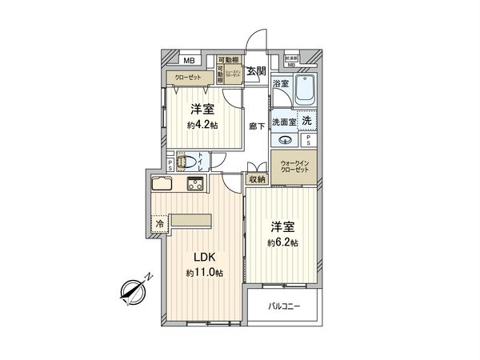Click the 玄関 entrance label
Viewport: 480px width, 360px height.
(x=257, y=72)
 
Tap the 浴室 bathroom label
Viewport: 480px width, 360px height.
(x=280, y=84)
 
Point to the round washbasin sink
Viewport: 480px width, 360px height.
(x=284, y=140)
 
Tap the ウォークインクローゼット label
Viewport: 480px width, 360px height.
(x=295, y=169)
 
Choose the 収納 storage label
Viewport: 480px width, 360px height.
(x=256, y=180)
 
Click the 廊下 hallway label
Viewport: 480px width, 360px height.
(x=256, y=126)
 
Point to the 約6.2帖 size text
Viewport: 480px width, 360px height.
(x=283, y=242)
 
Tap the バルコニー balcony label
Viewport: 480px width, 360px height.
(x=284, y=305)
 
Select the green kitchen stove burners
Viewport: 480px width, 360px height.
(x=194, y=186)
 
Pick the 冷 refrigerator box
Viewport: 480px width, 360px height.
(x=160, y=223)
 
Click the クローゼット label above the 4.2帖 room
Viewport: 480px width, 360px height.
(x=184, y=78)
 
